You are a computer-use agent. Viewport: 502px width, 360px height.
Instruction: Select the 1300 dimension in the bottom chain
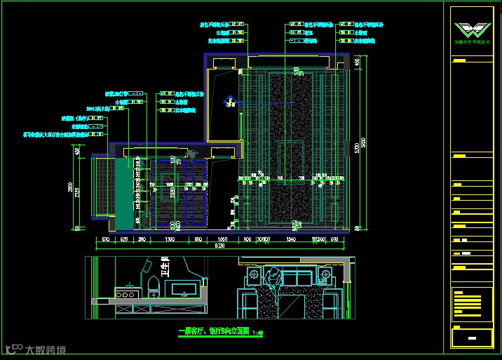point(169,239)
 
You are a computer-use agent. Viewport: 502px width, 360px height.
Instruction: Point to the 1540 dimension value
point(292,239)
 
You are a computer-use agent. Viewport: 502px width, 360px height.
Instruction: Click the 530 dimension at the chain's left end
point(105,239)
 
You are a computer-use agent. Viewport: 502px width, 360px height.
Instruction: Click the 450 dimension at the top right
point(357,62)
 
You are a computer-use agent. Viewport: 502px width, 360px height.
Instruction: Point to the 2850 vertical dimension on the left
point(70,188)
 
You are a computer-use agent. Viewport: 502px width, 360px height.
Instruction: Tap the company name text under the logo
point(470,43)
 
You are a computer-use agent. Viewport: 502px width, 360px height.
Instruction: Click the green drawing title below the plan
point(214,333)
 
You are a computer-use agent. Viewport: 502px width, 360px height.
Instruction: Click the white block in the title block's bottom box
point(471,338)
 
